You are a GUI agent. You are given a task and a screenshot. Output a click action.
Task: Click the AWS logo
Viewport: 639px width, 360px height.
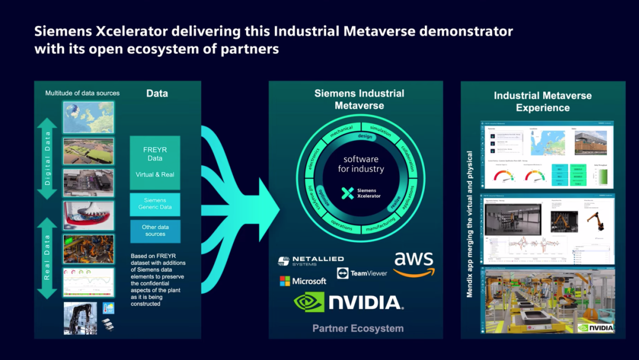tap(414, 264)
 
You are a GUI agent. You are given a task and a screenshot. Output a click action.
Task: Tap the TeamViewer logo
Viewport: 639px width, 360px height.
tap(362, 273)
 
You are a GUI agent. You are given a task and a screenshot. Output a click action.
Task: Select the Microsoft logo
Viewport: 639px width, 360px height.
tap(303, 281)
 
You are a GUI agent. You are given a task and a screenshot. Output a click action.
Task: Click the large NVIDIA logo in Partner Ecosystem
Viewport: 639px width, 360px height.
tap(349, 303)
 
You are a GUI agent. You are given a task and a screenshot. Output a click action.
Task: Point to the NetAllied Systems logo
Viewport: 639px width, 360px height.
tap(311, 261)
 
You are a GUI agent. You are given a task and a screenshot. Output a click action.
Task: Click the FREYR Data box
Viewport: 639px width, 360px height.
tap(155, 162)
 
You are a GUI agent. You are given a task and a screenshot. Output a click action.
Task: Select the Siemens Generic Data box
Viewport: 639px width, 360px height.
tap(155, 204)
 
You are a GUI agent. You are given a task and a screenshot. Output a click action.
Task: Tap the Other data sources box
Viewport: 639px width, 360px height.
tap(155, 230)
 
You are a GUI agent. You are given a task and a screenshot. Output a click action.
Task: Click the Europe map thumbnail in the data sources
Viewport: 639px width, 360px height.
tap(89, 117)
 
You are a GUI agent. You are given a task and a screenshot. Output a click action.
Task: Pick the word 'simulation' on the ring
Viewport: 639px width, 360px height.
tap(380, 131)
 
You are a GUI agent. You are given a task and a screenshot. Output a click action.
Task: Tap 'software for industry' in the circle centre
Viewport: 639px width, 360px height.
tap(361, 164)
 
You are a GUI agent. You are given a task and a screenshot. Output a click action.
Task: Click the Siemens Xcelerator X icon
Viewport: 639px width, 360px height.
tap(348, 192)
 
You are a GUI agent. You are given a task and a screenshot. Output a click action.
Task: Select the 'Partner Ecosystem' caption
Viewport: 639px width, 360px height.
tap(358, 328)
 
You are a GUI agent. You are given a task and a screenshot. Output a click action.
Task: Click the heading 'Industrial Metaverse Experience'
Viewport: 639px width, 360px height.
tap(543, 101)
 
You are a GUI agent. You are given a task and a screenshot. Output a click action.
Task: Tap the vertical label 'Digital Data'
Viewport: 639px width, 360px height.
tap(47, 158)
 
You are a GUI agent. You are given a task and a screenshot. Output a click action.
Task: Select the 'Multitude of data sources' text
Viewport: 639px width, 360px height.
tap(82, 93)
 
